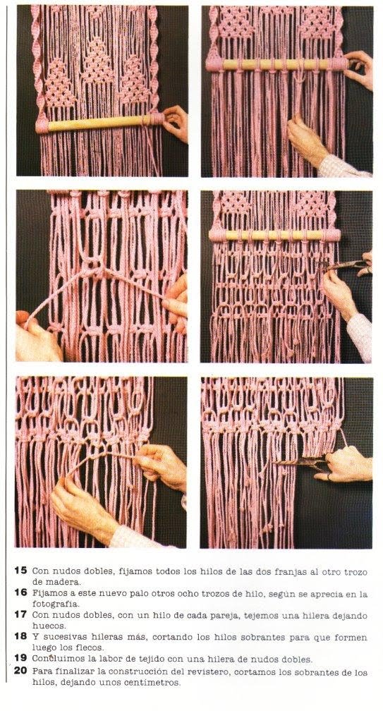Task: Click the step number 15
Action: coord(20,571)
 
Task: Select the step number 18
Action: coord(20,636)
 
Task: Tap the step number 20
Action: coord(20,671)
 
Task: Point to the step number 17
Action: coord(20,614)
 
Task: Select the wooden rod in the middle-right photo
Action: coord(274,235)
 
